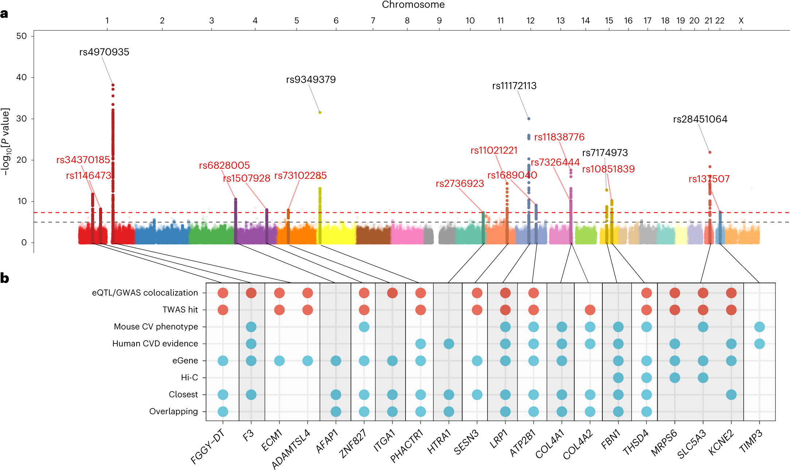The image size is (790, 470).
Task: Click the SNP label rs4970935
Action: pyautogui.click(x=104, y=52)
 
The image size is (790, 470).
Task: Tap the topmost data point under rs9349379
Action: pyautogui.click(x=320, y=113)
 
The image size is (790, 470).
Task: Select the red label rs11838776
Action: pyautogui.click(x=559, y=137)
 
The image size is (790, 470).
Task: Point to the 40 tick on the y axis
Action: pyautogui.click(x=21, y=77)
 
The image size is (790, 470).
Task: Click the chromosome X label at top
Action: pyautogui.click(x=741, y=21)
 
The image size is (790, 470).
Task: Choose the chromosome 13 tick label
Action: pyautogui.click(x=560, y=21)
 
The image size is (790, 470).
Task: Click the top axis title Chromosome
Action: pyautogui.click(x=413, y=5)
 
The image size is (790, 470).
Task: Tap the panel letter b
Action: pyautogui.click(x=5, y=278)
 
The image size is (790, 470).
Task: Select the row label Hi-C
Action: pyautogui.click(x=189, y=377)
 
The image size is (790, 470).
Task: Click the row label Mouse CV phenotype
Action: pyautogui.click(x=156, y=327)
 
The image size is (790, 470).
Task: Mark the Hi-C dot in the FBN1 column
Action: pyautogui.click(x=618, y=378)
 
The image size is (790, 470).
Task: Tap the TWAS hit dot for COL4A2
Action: pyautogui.click(x=590, y=310)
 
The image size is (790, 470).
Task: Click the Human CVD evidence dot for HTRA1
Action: pyautogui.click(x=449, y=343)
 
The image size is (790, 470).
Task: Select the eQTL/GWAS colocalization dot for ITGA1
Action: pyautogui.click(x=392, y=293)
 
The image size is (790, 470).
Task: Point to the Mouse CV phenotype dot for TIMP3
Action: pyautogui.click(x=759, y=327)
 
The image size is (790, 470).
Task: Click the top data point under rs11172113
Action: pyautogui.click(x=529, y=119)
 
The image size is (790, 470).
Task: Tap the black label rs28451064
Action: pyautogui.click(x=700, y=119)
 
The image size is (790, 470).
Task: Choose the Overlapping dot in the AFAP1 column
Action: pyautogui.click(x=336, y=412)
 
